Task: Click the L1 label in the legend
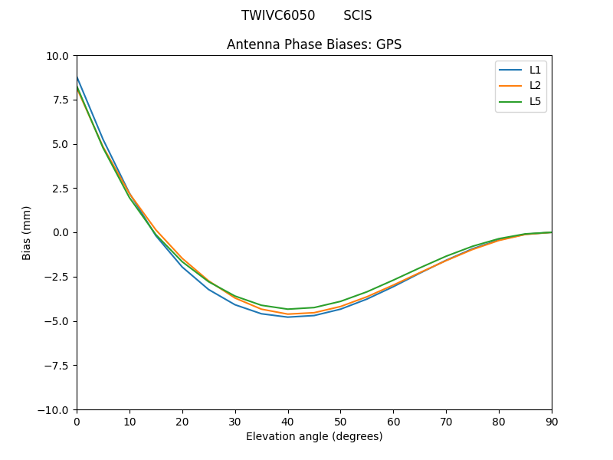tap(535, 70)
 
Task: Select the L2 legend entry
tap(535, 85)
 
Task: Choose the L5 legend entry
tap(535, 101)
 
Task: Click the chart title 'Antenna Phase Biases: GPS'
tap(314, 44)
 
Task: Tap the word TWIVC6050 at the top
tap(278, 15)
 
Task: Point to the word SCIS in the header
tap(358, 15)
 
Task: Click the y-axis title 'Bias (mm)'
tap(27, 232)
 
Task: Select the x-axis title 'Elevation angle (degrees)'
tap(314, 437)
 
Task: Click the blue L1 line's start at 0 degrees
tap(77, 77)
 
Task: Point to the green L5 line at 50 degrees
tap(340, 301)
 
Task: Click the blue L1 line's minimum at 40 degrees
tap(288, 317)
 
